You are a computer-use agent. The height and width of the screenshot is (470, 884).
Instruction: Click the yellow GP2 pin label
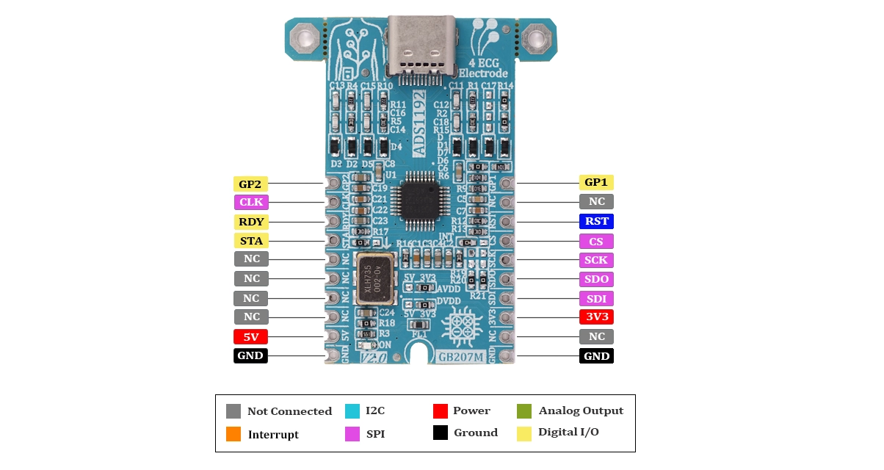point(250,184)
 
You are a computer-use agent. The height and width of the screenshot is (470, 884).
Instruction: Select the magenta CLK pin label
point(250,202)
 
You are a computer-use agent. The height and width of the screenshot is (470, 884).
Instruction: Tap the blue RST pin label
point(596,221)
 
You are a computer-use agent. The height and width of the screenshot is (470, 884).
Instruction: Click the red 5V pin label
point(250,337)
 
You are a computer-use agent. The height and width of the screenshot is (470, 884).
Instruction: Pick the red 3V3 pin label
point(596,317)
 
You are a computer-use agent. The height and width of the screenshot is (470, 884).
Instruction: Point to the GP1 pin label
point(596,182)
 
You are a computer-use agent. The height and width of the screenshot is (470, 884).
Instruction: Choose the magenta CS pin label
point(596,241)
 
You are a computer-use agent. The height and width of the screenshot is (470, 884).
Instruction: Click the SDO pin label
point(596,279)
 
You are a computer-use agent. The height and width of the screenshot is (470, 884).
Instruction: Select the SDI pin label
point(596,299)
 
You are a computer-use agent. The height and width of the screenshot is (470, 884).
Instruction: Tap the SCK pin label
point(596,260)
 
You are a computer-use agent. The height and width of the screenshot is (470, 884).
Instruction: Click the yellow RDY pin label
point(250,221)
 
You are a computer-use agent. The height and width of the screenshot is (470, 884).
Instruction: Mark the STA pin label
point(250,240)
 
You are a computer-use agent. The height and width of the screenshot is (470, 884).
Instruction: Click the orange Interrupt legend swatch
point(233,434)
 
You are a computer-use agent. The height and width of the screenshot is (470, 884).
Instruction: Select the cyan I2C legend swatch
point(352,411)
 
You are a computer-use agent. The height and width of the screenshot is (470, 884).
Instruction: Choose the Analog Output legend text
point(581,411)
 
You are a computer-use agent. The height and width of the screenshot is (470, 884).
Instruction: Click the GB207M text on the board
point(460,358)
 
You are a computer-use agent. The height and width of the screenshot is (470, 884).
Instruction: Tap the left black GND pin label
point(250,356)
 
